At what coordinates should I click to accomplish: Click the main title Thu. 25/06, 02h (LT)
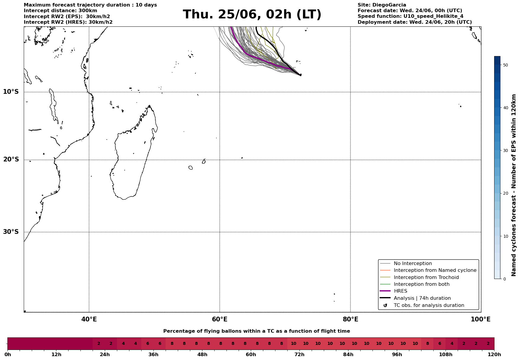[x=252, y=15]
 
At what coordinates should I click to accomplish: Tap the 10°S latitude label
[x=11, y=92]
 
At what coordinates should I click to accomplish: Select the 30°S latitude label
[x=11, y=232]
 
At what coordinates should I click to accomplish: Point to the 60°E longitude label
[x=220, y=319]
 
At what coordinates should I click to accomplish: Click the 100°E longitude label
[x=481, y=319]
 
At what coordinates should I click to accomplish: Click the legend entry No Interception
[x=406, y=264]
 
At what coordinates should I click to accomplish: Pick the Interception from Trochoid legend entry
[x=419, y=277]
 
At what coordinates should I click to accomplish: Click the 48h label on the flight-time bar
[x=202, y=355]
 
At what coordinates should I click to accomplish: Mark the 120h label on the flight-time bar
[x=494, y=355]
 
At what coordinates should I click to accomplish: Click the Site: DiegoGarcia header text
[x=382, y=5]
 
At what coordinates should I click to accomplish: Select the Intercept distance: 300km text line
[x=61, y=11]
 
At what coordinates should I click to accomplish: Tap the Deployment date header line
[x=415, y=22]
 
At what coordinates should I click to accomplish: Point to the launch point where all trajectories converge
[x=301, y=75]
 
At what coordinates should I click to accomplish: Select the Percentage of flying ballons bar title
[x=256, y=331]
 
